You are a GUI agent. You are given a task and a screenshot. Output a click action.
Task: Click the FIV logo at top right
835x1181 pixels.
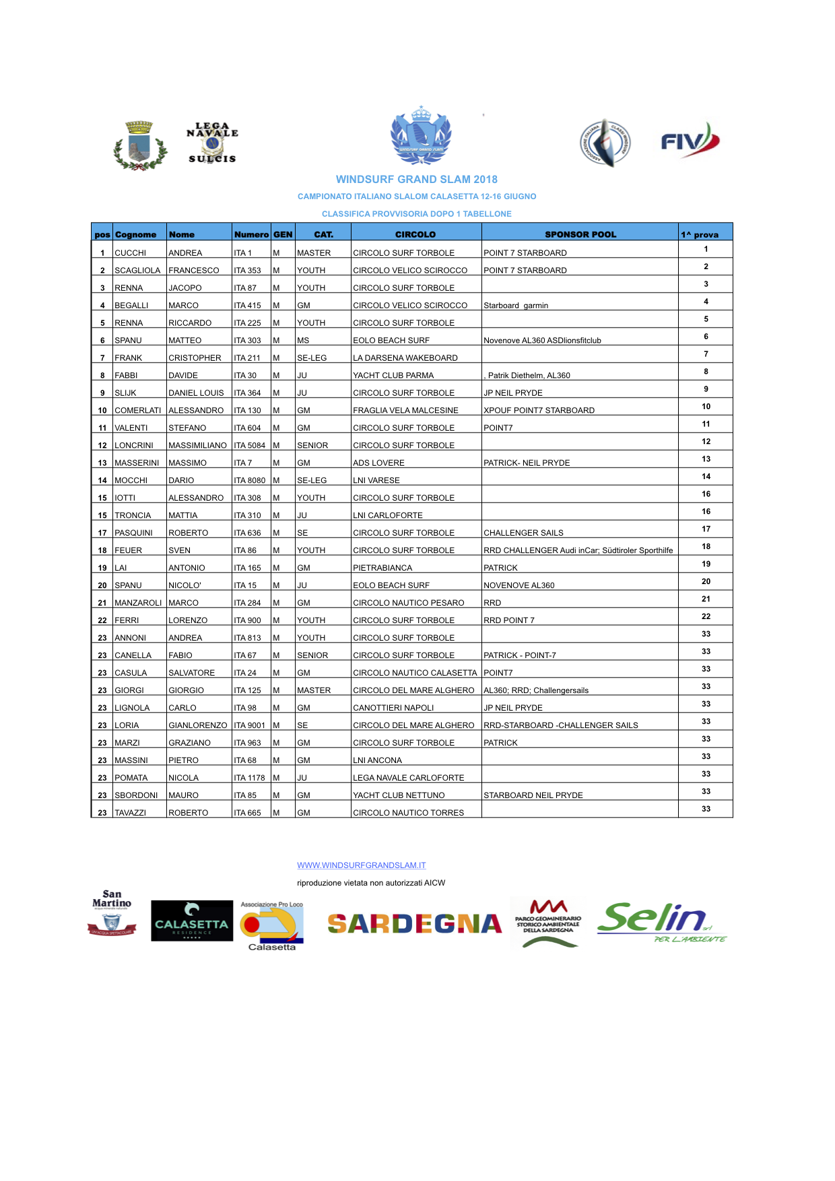(690, 141)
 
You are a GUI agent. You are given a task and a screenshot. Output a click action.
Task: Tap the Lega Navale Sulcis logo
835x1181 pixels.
(212, 143)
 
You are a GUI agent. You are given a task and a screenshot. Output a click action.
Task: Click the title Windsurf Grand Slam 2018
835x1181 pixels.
(416, 179)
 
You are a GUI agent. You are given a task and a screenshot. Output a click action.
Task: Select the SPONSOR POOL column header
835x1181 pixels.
(580, 234)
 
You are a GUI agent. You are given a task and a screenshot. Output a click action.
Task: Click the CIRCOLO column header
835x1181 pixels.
(415, 234)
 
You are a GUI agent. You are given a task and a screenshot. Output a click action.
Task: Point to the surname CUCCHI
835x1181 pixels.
(130, 253)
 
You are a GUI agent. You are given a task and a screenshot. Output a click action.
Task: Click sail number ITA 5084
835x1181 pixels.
(249, 445)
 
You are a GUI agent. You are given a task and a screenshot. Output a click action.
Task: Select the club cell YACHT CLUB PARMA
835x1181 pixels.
(393, 375)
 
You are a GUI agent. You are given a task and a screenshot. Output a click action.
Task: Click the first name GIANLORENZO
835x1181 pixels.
(197, 725)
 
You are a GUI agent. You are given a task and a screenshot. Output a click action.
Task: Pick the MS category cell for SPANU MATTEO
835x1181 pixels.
(303, 341)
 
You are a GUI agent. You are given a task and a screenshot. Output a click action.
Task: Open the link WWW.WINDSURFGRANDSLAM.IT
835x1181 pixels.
(361, 865)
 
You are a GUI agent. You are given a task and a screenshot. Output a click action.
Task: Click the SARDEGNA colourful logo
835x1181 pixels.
(415, 924)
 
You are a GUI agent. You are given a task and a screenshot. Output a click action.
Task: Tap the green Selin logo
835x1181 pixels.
(660, 922)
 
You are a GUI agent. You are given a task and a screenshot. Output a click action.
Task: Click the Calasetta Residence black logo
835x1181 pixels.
(192, 921)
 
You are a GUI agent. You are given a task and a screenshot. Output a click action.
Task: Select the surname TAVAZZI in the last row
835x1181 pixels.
(130, 813)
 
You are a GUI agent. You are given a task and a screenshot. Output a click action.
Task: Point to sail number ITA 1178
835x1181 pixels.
(249, 778)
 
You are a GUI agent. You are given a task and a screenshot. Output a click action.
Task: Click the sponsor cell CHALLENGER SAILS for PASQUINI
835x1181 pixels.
(523, 533)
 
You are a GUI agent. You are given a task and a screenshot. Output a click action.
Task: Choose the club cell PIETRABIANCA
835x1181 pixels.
(382, 568)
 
